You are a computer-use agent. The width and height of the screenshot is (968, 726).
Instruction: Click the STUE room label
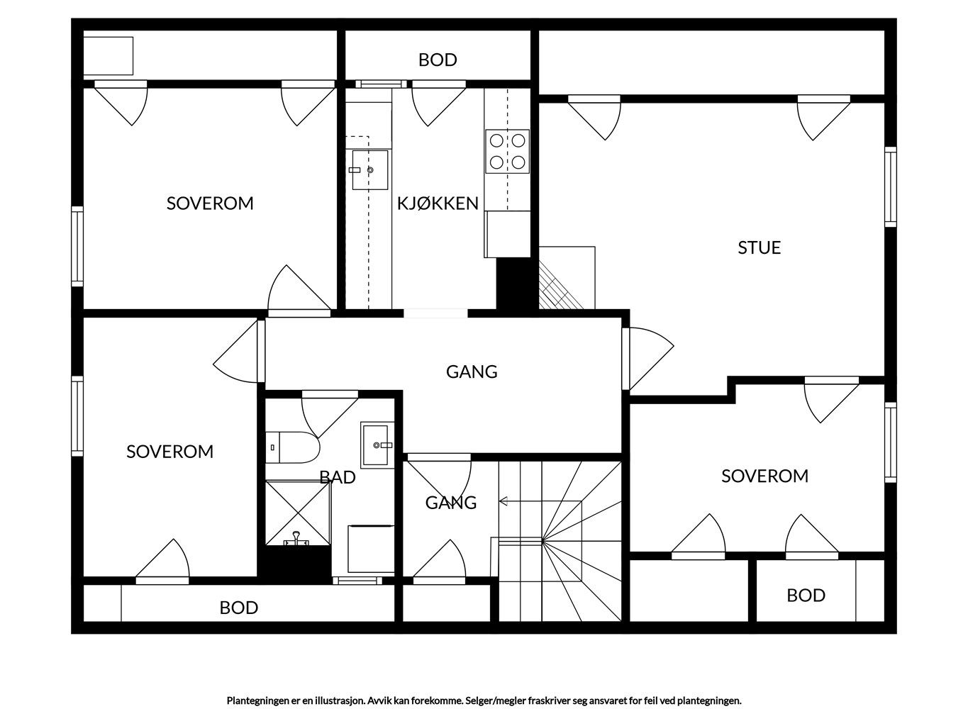(x=759, y=247)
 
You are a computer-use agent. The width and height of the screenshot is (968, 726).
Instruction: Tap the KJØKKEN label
(x=438, y=203)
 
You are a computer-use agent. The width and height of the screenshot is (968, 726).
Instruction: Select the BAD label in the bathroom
(x=338, y=477)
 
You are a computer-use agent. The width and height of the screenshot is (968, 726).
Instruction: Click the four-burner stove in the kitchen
(x=507, y=151)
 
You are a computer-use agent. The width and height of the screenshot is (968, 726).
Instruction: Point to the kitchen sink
(x=369, y=169)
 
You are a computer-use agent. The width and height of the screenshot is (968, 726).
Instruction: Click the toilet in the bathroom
(x=292, y=447)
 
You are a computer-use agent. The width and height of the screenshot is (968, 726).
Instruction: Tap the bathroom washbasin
(x=377, y=445)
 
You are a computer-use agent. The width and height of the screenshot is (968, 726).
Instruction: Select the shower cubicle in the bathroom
(x=298, y=513)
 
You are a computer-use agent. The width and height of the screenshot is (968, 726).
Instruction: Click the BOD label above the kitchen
(x=438, y=60)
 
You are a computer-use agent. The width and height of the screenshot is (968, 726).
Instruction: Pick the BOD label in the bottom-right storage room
(x=806, y=596)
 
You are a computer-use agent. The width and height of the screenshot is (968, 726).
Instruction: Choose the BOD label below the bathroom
(x=238, y=608)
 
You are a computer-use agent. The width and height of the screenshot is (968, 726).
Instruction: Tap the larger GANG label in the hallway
(x=472, y=372)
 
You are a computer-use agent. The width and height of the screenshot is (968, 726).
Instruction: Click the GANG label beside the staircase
(x=451, y=503)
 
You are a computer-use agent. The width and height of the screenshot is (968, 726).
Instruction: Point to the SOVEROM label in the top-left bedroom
(x=210, y=203)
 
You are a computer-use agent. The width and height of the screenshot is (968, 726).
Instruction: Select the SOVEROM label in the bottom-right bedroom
(x=764, y=476)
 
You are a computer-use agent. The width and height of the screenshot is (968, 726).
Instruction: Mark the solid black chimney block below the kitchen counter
(x=513, y=284)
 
